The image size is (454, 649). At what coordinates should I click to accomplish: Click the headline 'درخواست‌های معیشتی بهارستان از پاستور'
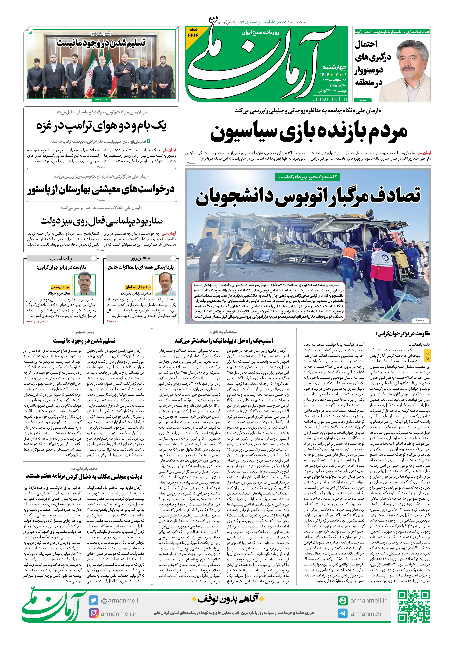pos(101,189)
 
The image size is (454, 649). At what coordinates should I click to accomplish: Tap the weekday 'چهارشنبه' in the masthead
pos(335,67)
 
